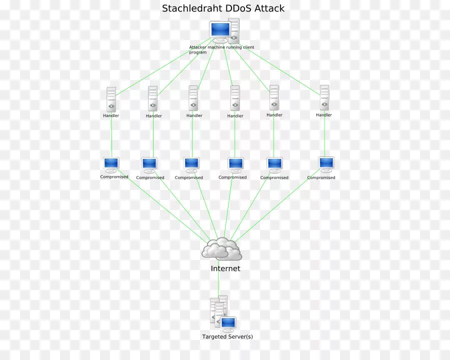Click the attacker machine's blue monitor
point(219,30)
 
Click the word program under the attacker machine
point(198,52)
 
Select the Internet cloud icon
point(221,248)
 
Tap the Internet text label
point(225,268)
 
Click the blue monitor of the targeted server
point(228,323)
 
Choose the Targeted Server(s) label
point(227,336)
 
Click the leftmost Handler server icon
point(111,99)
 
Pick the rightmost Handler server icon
point(324,97)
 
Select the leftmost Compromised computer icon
point(111,164)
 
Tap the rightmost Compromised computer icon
point(326,163)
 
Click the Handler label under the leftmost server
point(111,115)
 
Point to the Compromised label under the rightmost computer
point(321,177)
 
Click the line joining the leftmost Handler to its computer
point(111,137)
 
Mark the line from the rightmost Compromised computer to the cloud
point(280,205)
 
